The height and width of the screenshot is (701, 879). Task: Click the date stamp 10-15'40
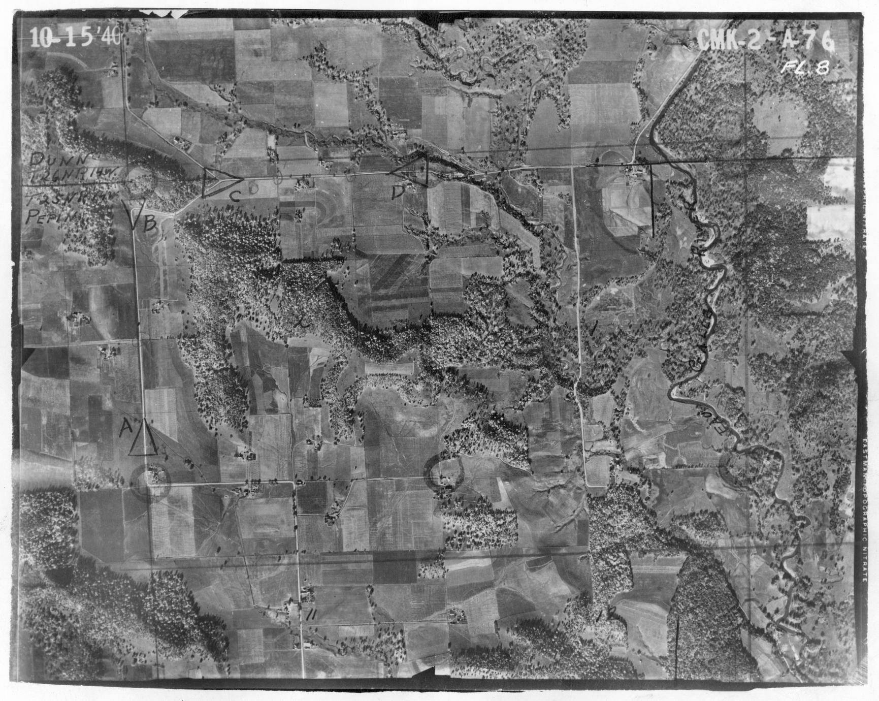tap(75, 36)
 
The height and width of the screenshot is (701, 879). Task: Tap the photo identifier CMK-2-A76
tap(766, 40)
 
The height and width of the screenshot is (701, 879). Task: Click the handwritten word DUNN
tap(59, 160)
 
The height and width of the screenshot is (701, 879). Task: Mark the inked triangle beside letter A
tap(143, 438)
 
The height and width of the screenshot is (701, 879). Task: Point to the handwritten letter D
tap(397, 192)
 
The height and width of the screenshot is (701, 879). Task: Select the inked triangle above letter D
tap(411, 169)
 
